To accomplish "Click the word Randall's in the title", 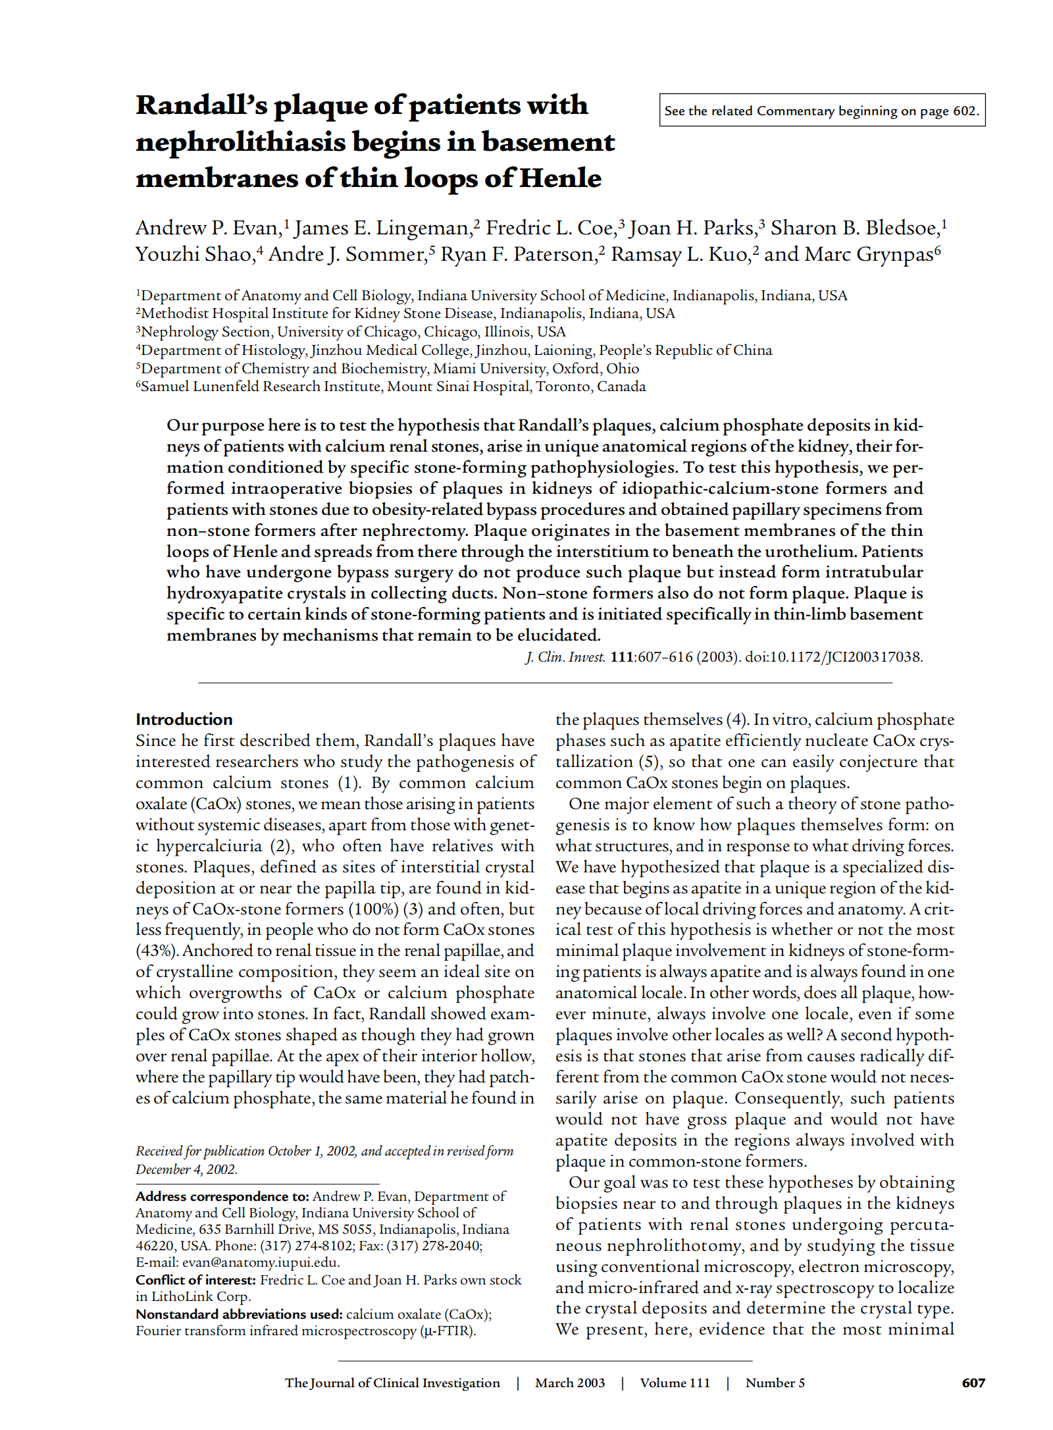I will click(x=201, y=105).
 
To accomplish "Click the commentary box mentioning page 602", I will click(x=821, y=111).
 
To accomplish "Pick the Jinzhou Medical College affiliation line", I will click(x=454, y=350).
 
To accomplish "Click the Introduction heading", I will click(x=184, y=719).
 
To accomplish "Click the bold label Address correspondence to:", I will click(x=222, y=1196).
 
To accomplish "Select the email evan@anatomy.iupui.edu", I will click(x=261, y=1263).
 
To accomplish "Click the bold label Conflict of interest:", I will click(x=195, y=1280).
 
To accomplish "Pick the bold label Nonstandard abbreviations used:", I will click(x=239, y=1314).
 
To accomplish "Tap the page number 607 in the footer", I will click(x=973, y=1383).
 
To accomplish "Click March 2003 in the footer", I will click(x=570, y=1383).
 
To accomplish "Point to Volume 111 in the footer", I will click(x=675, y=1383).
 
